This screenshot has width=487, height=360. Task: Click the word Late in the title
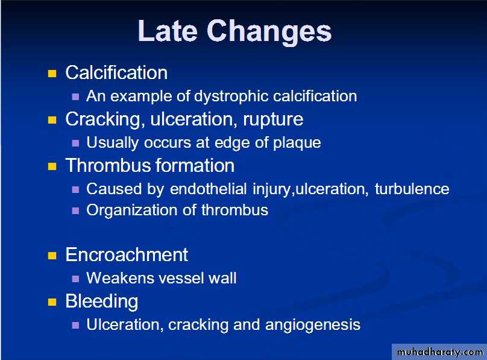click(x=168, y=31)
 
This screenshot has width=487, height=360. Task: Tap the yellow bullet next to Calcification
click(x=52, y=74)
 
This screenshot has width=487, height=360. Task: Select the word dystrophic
click(x=231, y=96)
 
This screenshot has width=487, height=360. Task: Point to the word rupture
click(x=273, y=120)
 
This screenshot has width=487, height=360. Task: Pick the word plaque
click(x=297, y=144)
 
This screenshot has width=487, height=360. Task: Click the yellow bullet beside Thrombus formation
click(x=52, y=166)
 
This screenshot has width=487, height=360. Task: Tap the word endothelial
click(x=209, y=189)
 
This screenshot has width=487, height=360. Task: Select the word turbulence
click(x=412, y=189)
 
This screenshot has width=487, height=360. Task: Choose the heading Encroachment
click(x=127, y=254)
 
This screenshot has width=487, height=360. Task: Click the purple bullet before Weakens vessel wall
click(x=75, y=279)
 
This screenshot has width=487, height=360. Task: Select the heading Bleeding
click(x=102, y=302)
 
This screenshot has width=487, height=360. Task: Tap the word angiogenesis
click(x=313, y=325)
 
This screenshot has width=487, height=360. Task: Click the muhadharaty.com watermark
click(x=440, y=352)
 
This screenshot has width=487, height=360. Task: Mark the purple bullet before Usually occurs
click(x=75, y=143)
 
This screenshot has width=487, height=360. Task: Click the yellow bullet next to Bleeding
click(x=52, y=302)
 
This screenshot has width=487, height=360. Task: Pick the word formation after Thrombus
click(x=195, y=166)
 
